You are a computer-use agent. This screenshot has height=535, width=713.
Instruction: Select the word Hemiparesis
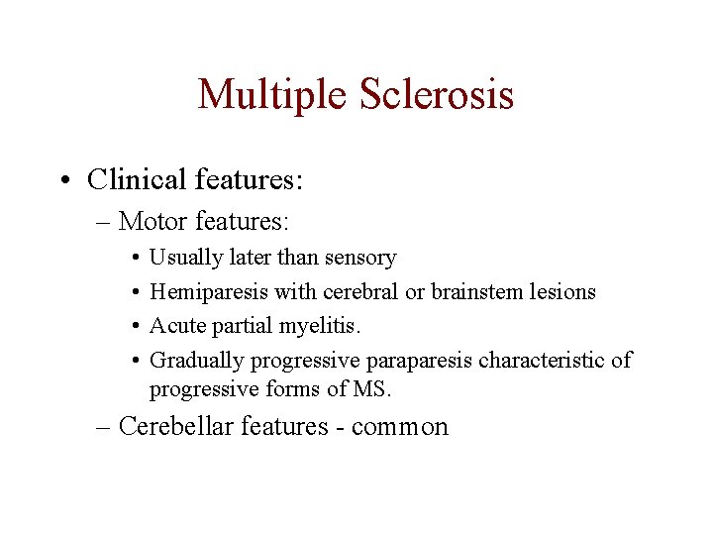tap(204, 291)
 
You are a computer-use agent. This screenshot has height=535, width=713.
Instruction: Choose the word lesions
tap(560, 291)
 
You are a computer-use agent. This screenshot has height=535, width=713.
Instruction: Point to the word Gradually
tap(197, 360)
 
